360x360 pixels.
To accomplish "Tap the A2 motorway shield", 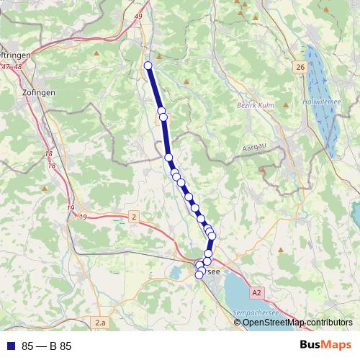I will [258, 292].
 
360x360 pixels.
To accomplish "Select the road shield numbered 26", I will [300, 67].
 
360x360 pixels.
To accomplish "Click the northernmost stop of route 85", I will [148, 66].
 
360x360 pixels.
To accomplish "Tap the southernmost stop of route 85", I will [199, 274].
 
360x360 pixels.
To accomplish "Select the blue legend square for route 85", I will [10, 346].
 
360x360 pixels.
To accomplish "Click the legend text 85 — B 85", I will [46, 346].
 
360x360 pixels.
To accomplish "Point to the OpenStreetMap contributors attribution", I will [297, 323].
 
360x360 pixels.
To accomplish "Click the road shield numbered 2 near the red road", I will [134, 216].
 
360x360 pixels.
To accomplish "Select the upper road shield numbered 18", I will [49, 154].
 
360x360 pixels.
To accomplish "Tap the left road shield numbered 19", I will [70, 208].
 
